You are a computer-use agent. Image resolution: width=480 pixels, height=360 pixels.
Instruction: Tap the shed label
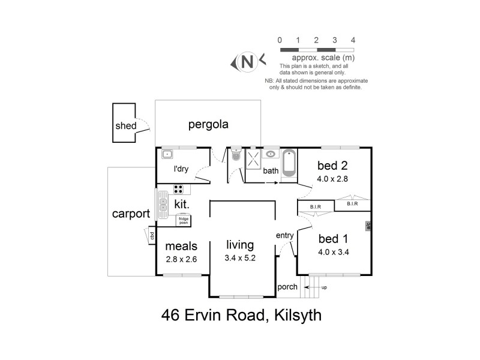point(126,126)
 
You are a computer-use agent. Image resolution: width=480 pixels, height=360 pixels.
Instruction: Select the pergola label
point(209,125)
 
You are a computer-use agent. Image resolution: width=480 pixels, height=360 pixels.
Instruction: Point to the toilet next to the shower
point(236,155)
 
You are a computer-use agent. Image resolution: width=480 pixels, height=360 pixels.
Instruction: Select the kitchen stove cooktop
point(178,189)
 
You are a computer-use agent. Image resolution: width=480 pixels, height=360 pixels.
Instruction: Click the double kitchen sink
point(163,203)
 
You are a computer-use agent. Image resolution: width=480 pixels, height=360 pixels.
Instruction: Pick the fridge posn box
point(183,221)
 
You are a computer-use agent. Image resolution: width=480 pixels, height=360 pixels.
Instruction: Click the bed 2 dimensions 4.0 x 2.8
point(334,178)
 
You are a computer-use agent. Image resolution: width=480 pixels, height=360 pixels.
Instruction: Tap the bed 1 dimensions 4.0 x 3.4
point(334,251)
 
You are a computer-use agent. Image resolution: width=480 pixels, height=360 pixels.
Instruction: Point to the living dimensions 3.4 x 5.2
point(240,259)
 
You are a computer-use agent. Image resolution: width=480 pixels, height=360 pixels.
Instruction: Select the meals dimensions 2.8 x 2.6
point(181,259)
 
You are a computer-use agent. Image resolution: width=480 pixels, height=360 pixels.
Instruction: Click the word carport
point(130,215)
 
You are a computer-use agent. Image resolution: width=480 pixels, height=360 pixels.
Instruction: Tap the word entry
point(284,235)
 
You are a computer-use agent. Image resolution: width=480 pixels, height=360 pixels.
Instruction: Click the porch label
point(287,287)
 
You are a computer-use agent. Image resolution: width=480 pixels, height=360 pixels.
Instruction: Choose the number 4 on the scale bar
point(353,40)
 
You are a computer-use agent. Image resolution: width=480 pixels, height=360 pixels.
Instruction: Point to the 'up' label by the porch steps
point(325,287)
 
